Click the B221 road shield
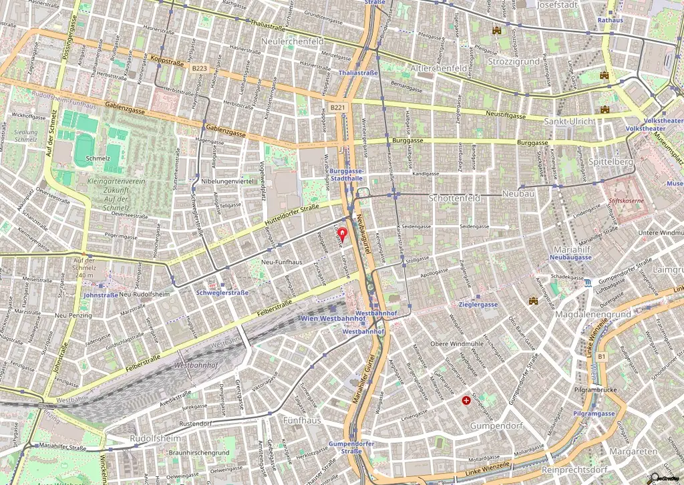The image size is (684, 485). click(x=338, y=107)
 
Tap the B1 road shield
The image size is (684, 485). click(x=601, y=357)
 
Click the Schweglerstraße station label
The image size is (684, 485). click(x=223, y=293)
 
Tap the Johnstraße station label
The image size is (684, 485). click(x=101, y=295)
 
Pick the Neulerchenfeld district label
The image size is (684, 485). click(x=293, y=41)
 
